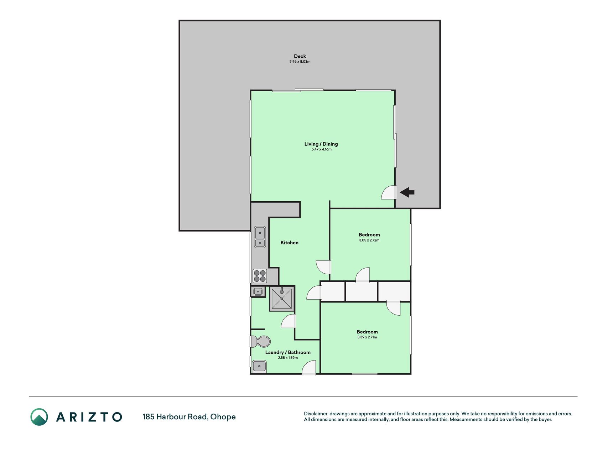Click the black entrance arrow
click(407, 192)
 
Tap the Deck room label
click(300, 56)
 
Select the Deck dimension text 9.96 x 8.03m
click(300, 62)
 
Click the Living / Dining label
click(321, 144)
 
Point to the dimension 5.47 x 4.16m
click(321, 149)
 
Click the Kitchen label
click(290, 243)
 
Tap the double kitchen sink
click(260, 237)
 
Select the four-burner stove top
click(260, 276)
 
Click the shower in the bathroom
click(282, 299)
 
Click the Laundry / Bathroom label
click(288, 352)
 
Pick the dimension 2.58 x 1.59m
click(288, 358)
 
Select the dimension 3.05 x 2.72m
click(369, 240)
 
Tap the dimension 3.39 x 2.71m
click(367, 337)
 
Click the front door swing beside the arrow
click(389, 192)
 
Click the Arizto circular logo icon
click(39, 417)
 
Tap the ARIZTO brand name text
click(89, 417)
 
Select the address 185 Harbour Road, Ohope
click(189, 417)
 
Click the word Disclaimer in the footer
click(316, 414)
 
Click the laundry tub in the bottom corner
click(259, 366)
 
